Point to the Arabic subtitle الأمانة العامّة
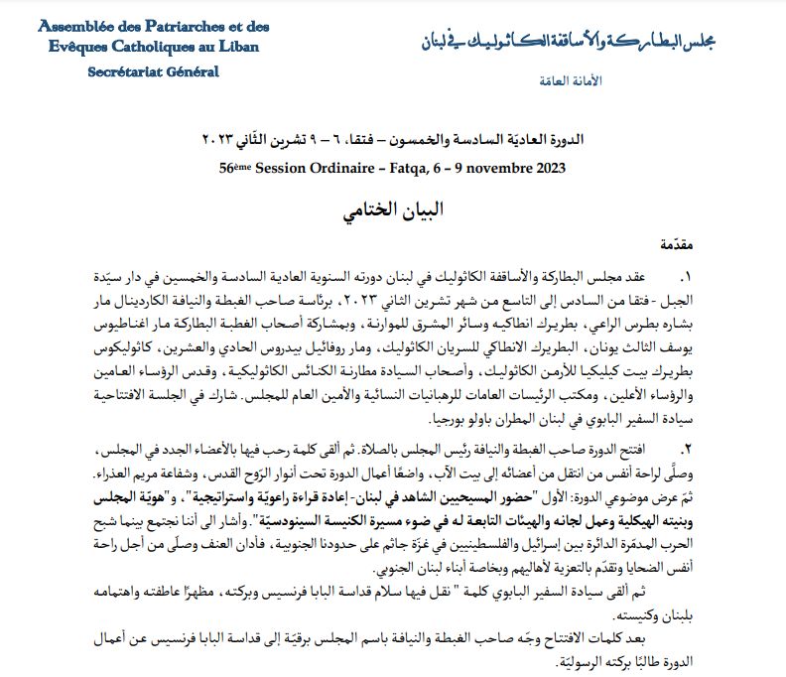pyautogui.click(x=575, y=79)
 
